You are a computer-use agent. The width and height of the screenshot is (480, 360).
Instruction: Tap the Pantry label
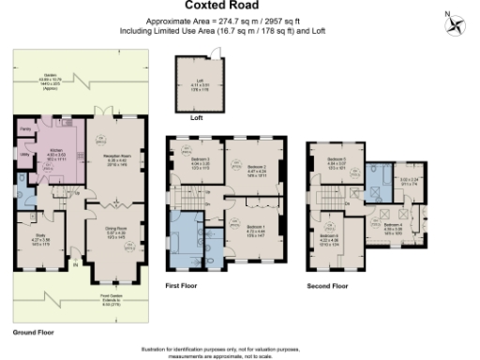[26, 127]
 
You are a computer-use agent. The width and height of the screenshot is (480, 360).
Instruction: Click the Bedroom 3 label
[199, 159]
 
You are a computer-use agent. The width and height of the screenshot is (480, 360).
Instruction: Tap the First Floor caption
[182, 283]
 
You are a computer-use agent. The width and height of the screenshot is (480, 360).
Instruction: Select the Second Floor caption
[329, 284]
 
